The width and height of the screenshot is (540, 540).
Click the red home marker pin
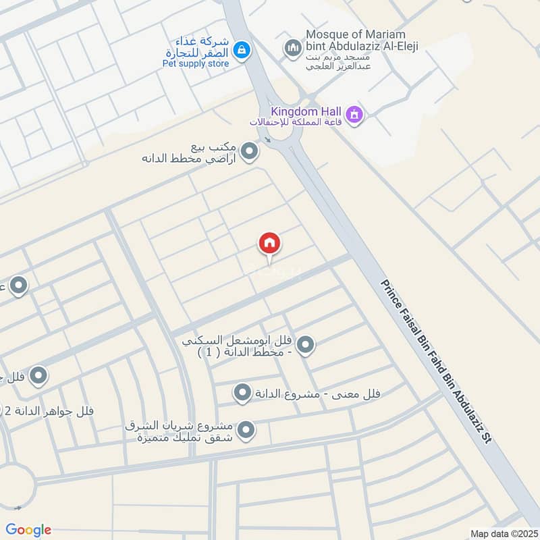click(x=269, y=244)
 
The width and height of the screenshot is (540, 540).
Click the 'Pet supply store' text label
click(x=196, y=64)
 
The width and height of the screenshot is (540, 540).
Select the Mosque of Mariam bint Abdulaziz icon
click(x=292, y=48)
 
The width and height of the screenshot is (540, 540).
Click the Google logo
click(x=28, y=530)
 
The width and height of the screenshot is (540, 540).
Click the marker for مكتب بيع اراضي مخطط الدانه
click(x=250, y=152)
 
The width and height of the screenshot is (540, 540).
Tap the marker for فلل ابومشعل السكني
click(x=306, y=346)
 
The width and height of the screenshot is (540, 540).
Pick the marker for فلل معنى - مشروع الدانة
click(x=242, y=392)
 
